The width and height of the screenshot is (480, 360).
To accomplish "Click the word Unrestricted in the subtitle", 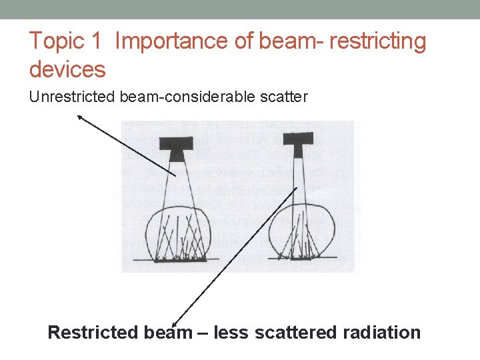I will click(73, 97).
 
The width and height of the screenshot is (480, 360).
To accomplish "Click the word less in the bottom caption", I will click(235, 332).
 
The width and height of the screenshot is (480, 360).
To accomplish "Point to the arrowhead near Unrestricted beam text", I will click(79, 117).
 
